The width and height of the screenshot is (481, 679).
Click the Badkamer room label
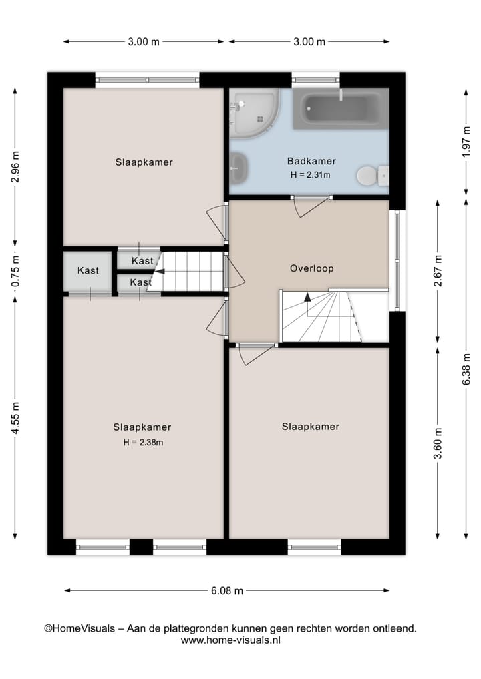click(311, 161)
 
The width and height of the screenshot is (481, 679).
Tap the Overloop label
click(311, 268)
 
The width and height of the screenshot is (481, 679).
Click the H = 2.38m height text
click(142, 442)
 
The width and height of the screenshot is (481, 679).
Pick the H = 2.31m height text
click(311, 175)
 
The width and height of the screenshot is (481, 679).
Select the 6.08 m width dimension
click(227, 590)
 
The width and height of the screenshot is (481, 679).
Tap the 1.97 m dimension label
click(466, 142)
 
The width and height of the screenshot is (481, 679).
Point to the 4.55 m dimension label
click(15, 417)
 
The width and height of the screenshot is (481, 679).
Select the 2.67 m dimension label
click(438, 270)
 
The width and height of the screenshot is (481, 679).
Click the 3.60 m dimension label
click(438, 443)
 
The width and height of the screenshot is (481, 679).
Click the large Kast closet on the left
click(88, 271)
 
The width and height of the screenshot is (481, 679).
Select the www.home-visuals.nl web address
click(230, 640)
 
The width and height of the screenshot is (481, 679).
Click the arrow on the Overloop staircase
click(307, 298)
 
